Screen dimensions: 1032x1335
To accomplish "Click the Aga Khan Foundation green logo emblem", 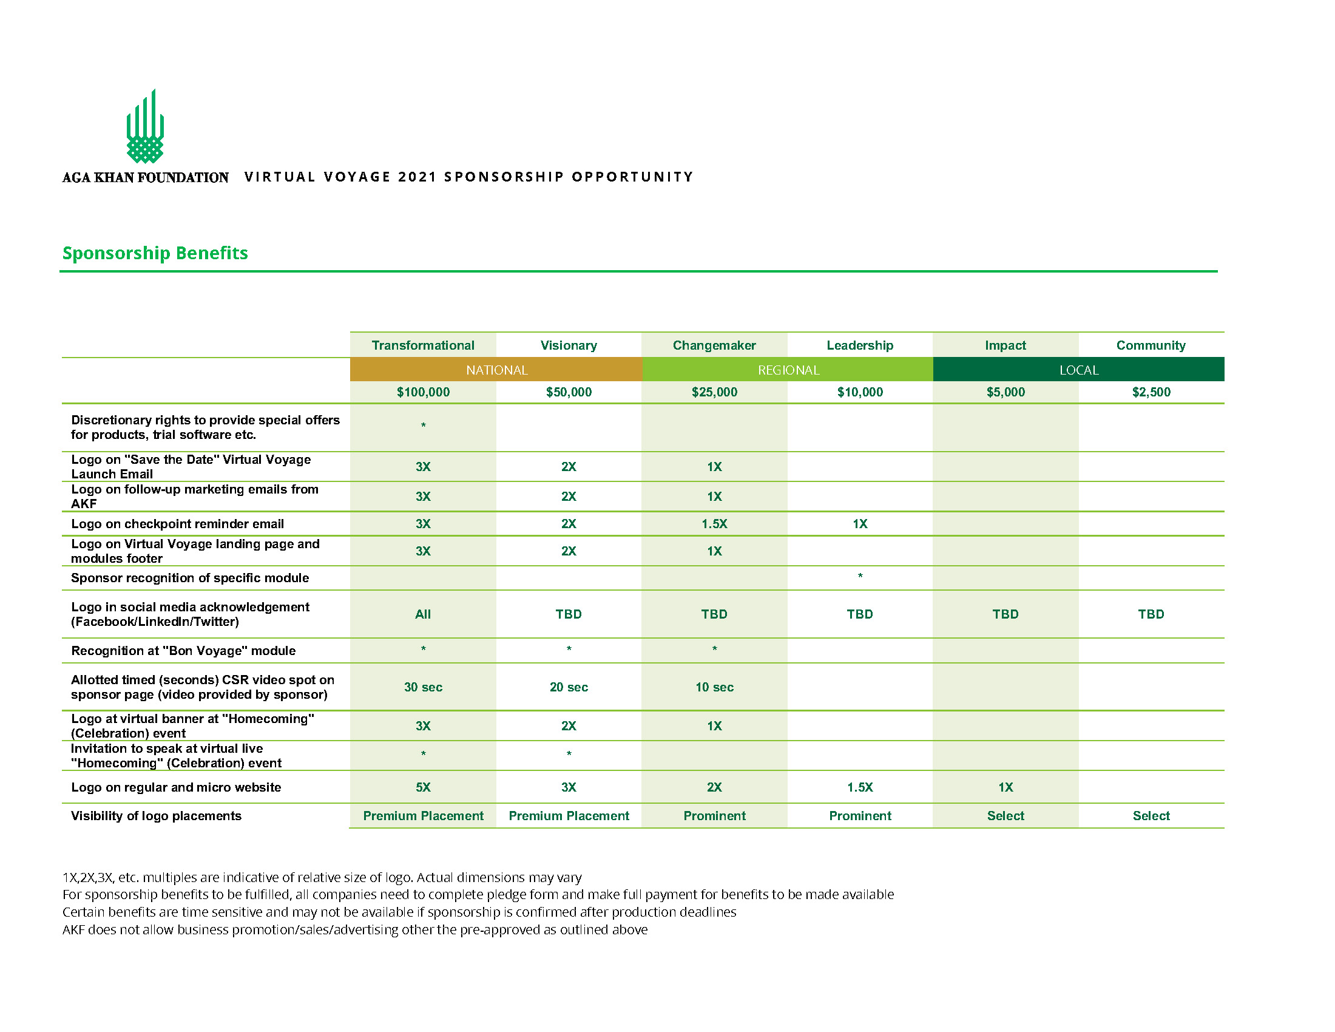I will [x=145, y=127].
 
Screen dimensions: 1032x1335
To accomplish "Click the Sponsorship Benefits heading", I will [x=155, y=253].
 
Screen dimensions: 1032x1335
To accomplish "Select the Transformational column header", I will [x=423, y=345].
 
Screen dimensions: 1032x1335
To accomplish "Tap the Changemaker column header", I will [x=714, y=345].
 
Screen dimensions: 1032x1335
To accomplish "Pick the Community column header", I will [x=1151, y=345].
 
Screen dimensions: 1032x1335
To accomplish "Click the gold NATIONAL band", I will [x=496, y=370].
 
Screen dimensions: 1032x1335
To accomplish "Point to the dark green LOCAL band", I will [x=1078, y=370].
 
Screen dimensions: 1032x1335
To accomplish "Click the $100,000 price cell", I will [x=423, y=392].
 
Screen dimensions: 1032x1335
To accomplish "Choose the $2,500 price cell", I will [x=1151, y=392].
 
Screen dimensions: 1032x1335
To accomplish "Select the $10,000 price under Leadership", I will [x=859, y=392].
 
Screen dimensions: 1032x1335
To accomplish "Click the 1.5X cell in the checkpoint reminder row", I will [x=714, y=524].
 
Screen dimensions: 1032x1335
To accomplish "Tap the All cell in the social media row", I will [x=423, y=614].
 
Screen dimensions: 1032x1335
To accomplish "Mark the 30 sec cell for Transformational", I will [x=423, y=687].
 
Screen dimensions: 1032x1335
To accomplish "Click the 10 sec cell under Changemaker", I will [x=714, y=687].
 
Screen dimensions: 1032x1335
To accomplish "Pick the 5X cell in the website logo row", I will [x=423, y=787].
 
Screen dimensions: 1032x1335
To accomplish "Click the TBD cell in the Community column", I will [x=1151, y=614].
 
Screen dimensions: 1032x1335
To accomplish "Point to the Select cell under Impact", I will [x=1005, y=815].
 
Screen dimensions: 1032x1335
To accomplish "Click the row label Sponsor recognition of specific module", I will [x=190, y=578].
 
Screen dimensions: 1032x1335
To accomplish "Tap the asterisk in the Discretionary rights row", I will [x=423, y=425].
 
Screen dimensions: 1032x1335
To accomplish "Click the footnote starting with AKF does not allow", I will [x=354, y=930].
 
